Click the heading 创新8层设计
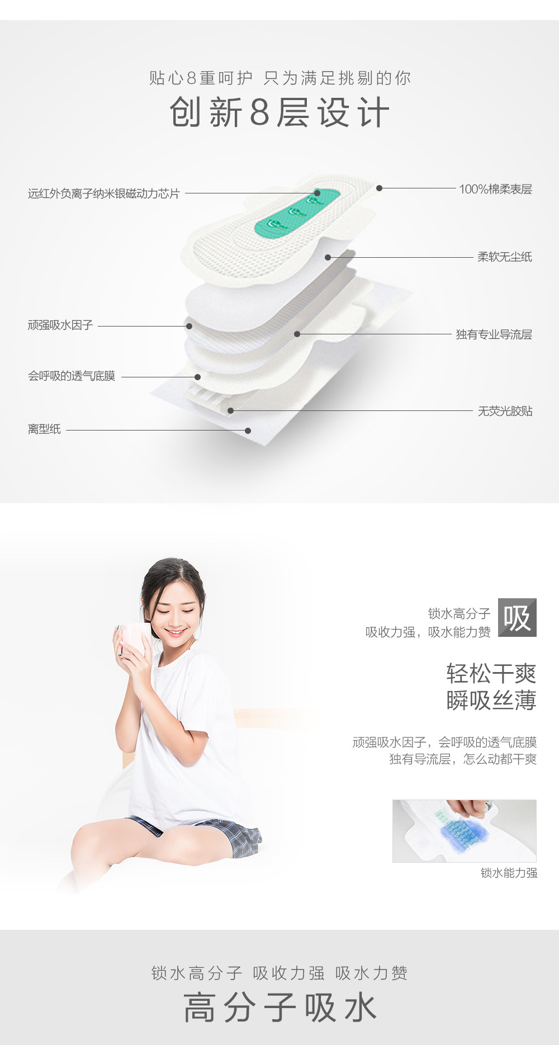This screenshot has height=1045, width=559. (279, 112)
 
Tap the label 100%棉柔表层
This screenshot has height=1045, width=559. (495, 189)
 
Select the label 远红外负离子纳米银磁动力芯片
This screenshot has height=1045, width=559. (104, 193)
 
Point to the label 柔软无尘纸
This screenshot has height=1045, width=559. (505, 257)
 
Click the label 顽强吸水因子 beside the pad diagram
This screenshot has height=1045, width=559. (60, 325)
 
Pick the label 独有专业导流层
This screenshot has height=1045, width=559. (494, 334)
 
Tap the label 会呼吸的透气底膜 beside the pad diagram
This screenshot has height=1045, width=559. (72, 376)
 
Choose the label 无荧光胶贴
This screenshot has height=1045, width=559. (505, 411)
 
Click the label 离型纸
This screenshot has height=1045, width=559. (44, 429)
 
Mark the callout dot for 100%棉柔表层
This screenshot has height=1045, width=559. (379, 188)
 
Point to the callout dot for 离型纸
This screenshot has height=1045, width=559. (248, 431)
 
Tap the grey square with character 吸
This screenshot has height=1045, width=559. (517, 617)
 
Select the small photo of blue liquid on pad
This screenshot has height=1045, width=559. (464, 831)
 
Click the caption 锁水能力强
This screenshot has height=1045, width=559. (509, 873)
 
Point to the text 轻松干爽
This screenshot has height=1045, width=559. (491, 674)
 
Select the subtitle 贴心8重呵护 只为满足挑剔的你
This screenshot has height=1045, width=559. (279, 78)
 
